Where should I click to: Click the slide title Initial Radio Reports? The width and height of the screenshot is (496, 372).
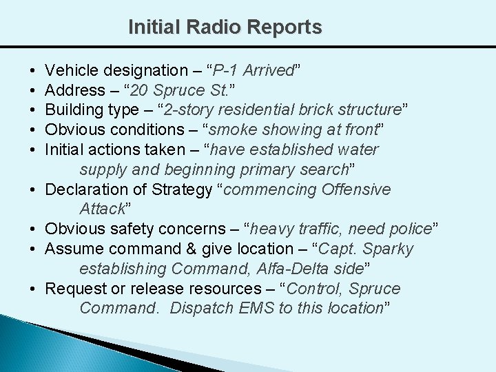[x=225, y=28]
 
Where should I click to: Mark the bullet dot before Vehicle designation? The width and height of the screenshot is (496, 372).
[x=34, y=70]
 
